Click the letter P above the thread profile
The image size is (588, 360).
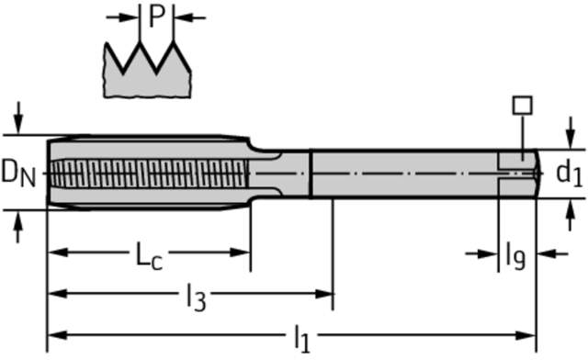[x=157, y=17]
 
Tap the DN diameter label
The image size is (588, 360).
[x=18, y=173]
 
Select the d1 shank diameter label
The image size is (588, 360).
[x=569, y=173]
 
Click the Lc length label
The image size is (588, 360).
[x=149, y=256]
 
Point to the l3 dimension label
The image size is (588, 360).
[x=197, y=298]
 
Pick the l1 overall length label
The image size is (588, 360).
[x=302, y=339]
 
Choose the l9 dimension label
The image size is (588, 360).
[x=515, y=256]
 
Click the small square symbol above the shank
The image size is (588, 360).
[x=523, y=106]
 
